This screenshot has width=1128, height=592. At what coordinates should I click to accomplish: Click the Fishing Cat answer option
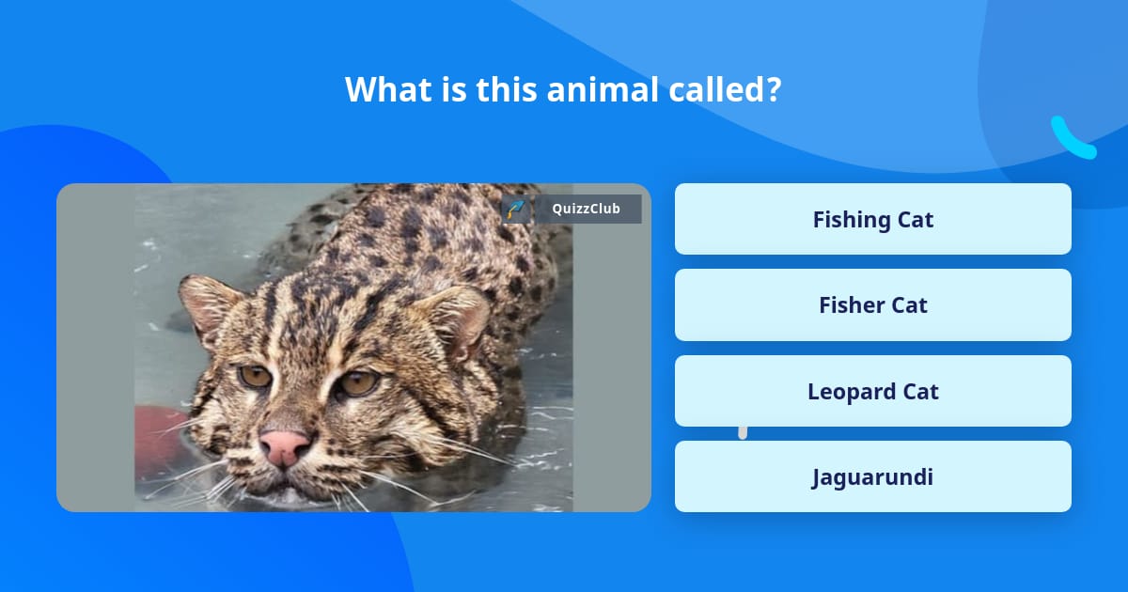pyautogui.click(x=872, y=219)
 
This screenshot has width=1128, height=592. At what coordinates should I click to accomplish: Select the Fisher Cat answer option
pyautogui.click(x=872, y=304)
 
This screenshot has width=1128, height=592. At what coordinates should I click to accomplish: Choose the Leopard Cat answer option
pyautogui.click(x=872, y=391)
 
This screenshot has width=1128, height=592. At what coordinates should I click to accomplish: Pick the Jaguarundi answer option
pyautogui.click(x=872, y=476)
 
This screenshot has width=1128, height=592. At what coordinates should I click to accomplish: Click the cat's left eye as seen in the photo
pyautogui.click(x=255, y=376)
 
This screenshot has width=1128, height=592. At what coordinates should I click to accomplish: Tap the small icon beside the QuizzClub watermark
pyautogui.click(x=516, y=209)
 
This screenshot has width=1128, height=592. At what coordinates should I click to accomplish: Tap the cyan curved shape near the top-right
pyautogui.click(x=1072, y=140)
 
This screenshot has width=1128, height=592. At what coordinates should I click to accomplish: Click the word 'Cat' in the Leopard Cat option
pyautogui.click(x=920, y=391)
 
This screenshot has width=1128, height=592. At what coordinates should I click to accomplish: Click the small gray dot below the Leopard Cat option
pyautogui.click(x=743, y=432)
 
